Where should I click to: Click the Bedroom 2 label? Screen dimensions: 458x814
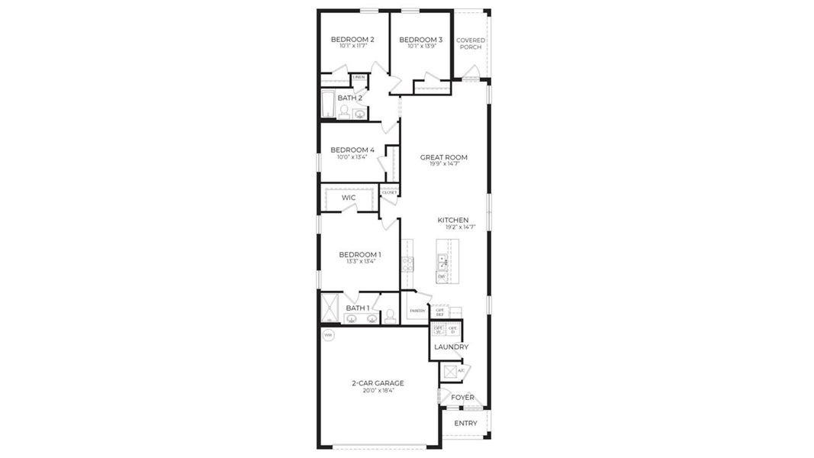352,40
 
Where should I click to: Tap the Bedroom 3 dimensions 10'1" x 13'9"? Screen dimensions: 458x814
420,47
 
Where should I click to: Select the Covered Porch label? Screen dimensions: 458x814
470,44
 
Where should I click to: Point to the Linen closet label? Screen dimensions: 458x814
359,77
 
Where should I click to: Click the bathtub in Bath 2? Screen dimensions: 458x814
328,105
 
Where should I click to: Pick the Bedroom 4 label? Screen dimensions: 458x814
352,150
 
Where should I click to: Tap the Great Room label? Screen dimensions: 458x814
444,157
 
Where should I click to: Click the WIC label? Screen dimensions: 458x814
349,198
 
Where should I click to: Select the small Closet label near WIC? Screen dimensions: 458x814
389,192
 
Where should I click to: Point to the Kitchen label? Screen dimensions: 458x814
453,220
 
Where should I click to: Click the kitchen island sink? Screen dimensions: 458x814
442,262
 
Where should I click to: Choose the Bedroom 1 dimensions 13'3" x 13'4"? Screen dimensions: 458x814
360,262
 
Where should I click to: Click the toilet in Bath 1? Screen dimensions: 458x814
390,315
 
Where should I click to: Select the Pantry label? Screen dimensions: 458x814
417,311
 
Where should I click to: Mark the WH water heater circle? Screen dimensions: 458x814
328,335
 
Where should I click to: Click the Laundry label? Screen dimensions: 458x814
451,347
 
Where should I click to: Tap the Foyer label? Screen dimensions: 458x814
462,398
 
